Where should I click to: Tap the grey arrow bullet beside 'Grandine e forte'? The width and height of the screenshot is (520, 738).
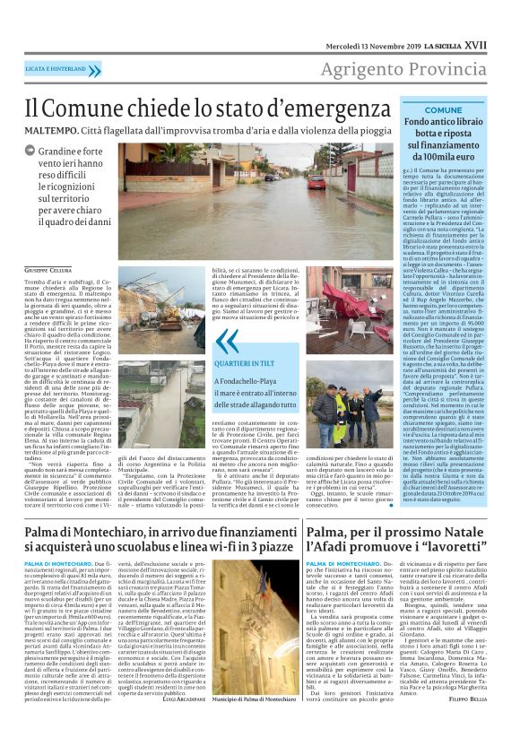(x=30, y=152)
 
